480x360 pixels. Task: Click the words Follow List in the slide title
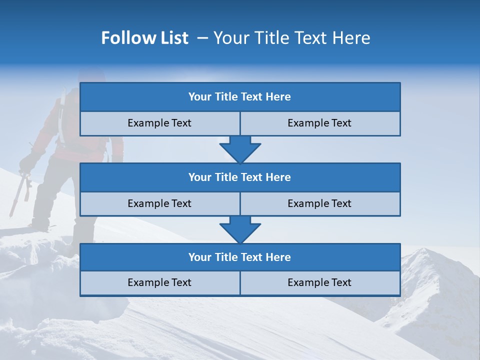144,38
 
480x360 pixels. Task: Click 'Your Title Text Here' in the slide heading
291,38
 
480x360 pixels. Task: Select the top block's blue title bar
240,97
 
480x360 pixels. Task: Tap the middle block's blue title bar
240,177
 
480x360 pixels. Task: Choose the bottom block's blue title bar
240,257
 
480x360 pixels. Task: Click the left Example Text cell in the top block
159,123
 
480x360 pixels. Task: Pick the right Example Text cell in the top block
319,123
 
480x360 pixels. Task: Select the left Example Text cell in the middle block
159,203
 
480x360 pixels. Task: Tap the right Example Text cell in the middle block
319,203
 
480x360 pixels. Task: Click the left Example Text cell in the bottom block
159,282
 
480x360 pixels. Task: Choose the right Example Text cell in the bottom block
319,282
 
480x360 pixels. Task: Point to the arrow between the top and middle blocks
240,149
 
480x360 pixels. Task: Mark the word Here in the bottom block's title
279,257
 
